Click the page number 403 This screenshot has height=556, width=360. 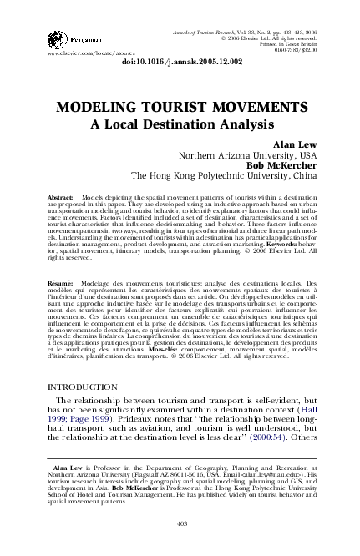(x=180, y=523)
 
